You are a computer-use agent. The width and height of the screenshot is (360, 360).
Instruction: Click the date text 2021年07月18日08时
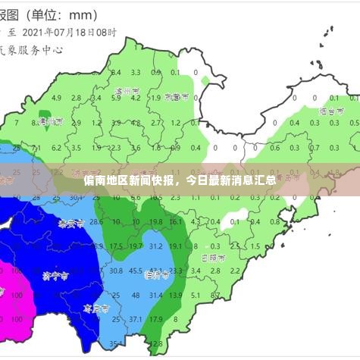coord(70,33)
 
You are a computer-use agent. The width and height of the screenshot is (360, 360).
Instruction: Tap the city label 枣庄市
coord(96,309)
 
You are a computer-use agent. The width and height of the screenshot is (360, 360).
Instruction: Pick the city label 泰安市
coord(70,224)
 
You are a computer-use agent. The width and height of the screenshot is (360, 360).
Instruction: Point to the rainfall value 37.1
coord(136,319)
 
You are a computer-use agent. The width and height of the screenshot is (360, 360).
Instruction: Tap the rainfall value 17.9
coord(155,319)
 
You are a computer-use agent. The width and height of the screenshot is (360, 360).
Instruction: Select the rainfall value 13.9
coord(175,295)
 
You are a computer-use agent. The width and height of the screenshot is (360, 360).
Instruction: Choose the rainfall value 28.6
coord(96,222)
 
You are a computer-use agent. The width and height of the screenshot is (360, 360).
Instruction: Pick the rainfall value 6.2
coord(56,148)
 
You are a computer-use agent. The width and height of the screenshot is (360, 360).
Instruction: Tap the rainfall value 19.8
coord(155,222)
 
